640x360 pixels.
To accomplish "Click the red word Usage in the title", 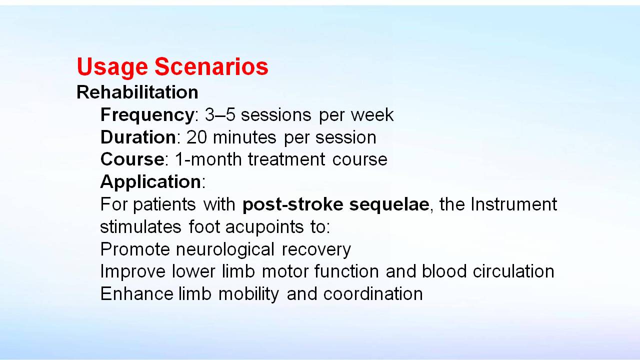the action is click(x=112, y=67).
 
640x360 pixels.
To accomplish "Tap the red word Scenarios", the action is click(x=211, y=66).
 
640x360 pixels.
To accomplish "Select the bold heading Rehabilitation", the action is click(x=137, y=92).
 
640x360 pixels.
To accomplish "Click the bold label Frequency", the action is click(x=147, y=115).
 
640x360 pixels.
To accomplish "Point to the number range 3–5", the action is click(x=220, y=115).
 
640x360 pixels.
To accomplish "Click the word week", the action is click(x=372, y=115).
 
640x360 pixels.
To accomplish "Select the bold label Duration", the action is click(x=138, y=137).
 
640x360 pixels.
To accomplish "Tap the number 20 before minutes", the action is click(x=196, y=137).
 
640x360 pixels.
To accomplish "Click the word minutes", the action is click(x=244, y=137).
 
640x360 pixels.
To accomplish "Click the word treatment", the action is click(x=286, y=159).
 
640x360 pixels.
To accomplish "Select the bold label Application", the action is click(x=151, y=182).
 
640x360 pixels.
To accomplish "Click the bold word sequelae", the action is click(x=389, y=205).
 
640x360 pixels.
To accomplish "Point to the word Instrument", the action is click(x=513, y=204).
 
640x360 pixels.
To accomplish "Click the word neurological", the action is click(x=225, y=249).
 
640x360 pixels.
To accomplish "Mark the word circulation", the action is click(x=513, y=271).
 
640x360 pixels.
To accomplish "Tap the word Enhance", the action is click(x=137, y=293).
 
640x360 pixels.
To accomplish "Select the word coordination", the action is click(x=373, y=293).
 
